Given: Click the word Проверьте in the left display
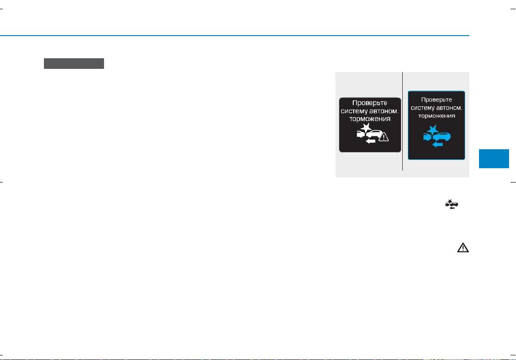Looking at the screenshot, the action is point(369,103).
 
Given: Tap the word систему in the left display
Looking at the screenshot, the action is point(353,111).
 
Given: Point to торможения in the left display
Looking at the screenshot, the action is point(370,119).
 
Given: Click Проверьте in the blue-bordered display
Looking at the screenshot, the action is point(436,100).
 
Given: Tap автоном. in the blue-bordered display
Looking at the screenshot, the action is point(449,108).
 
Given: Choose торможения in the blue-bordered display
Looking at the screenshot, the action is point(436,116).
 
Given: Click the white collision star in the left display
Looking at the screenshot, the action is point(366,128).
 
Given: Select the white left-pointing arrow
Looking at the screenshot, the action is point(370,141).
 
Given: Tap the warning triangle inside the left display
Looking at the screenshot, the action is point(384,136).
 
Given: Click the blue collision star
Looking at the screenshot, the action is point(433,130).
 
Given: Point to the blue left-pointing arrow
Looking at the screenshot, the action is point(437,144).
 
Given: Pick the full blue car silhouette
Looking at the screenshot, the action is point(441,137).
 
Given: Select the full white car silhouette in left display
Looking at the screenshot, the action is point(374,134).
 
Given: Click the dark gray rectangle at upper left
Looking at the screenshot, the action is point(74,63).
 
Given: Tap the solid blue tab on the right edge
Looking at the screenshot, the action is point(494,159).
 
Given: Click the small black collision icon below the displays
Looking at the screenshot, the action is point(451,205).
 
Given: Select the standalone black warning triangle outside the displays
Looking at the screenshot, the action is point(463,248).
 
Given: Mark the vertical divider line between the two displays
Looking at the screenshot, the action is point(402,122).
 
